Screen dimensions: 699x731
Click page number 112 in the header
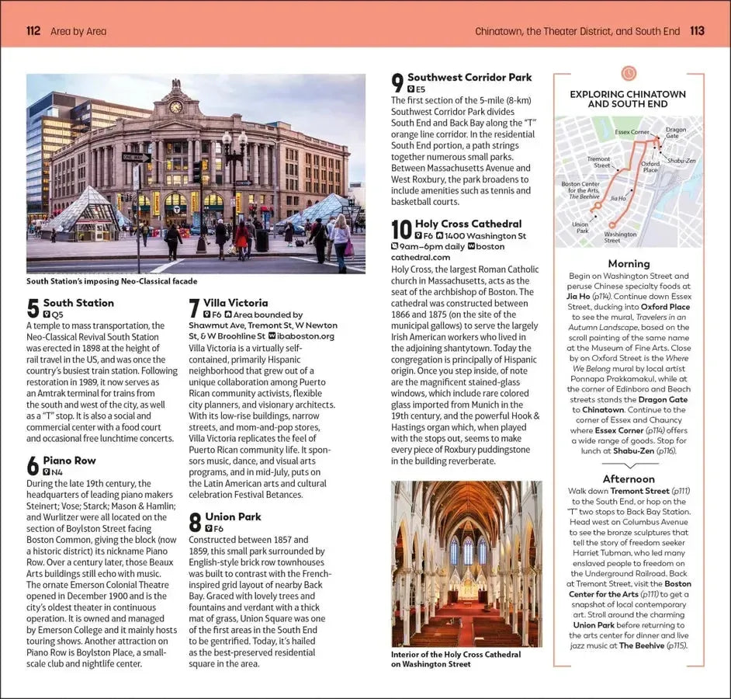[x=33, y=31]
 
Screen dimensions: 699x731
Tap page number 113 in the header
[x=696, y=31]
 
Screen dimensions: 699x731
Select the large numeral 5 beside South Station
[x=33, y=308]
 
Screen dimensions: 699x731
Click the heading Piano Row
[x=69, y=461]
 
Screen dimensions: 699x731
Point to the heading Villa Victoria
[x=235, y=303]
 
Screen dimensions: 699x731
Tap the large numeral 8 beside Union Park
[x=195, y=522]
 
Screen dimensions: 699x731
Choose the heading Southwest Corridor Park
[x=469, y=78]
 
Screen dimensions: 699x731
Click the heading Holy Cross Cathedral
[x=468, y=224]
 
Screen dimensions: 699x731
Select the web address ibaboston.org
[x=305, y=336]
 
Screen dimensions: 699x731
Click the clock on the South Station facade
[x=175, y=106]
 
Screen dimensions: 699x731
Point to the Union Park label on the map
[x=580, y=228]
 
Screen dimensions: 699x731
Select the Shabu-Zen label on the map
[x=681, y=161]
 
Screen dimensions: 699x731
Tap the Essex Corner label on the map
[x=632, y=132]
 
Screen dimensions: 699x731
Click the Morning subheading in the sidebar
[x=629, y=263]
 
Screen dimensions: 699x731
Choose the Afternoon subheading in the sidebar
[x=629, y=479]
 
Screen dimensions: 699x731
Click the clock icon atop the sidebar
[x=629, y=73]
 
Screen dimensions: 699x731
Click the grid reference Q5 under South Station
[x=57, y=315]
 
